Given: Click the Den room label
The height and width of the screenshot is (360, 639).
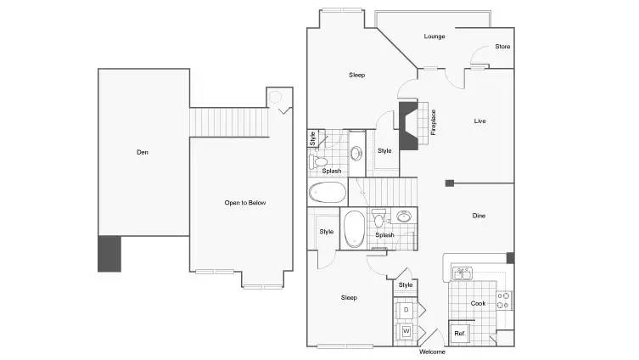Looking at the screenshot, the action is point(143,152).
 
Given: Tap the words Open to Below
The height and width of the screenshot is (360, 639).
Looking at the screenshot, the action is point(245,203).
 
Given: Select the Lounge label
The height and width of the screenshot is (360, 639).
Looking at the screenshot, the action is point(434,37).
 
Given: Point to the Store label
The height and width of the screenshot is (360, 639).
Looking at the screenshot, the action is point(502,47).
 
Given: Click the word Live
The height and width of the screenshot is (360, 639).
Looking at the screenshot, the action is point(479,121).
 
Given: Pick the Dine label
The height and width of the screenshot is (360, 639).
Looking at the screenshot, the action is point(479,216).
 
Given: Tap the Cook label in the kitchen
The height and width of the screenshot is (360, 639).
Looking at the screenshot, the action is point(478,303).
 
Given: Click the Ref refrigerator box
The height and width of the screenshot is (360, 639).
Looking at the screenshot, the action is point(459,333).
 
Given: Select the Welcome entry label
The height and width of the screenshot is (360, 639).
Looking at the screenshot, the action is point(432,352).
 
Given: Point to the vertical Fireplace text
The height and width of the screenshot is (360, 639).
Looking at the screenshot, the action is point(433,122).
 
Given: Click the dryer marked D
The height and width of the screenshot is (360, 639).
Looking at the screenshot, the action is point(406,310).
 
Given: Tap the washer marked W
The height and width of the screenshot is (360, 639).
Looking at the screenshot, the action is point(406,331).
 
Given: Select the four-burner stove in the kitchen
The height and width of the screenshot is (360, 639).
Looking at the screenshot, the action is point(504,301).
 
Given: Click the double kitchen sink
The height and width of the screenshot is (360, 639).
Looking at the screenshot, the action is point(462,273).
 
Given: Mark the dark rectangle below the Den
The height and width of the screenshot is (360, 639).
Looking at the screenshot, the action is point(109,254).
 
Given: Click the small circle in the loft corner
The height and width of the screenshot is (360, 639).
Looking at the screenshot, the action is point(276,97).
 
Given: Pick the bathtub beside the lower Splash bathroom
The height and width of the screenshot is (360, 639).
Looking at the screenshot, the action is point(354,229).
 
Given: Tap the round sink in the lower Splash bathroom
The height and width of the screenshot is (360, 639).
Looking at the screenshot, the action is point(404,217).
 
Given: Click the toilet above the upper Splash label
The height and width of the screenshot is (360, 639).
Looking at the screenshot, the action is point(318,162).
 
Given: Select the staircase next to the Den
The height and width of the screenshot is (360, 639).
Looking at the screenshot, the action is point(229,122).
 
